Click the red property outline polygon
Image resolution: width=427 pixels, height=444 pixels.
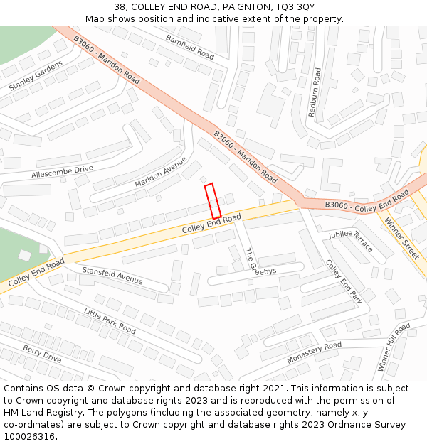[x=213, y=201]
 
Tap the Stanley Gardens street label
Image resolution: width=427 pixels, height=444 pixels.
[x=36, y=76]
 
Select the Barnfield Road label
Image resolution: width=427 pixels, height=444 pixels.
[x=189, y=47]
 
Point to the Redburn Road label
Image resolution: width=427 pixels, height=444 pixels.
[x=315, y=92]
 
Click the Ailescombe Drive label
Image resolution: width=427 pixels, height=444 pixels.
[x=62, y=172]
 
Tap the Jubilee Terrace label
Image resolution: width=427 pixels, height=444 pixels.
[x=351, y=241]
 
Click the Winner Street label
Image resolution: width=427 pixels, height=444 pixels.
[x=403, y=239]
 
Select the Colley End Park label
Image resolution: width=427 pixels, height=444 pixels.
[x=344, y=282]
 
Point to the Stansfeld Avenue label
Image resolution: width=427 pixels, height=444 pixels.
[x=112, y=275]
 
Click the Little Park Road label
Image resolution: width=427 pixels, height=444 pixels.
[x=110, y=321]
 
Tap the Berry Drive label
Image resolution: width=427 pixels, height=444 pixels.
[x=42, y=354]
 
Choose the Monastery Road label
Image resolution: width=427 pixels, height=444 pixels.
[x=314, y=353]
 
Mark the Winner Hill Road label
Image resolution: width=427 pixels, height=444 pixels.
[x=394, y=347]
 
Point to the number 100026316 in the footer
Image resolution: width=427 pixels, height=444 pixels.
[x=28, y=436]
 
